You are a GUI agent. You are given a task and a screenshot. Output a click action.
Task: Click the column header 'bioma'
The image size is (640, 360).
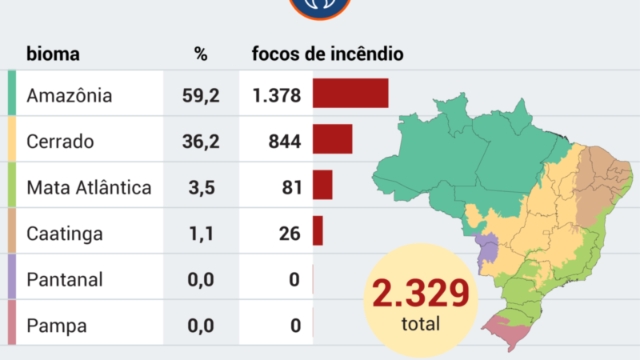pyautogui.click(x=53, y=54)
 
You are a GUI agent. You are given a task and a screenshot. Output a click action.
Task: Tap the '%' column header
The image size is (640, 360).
pyautogui.click(x=201, y=54)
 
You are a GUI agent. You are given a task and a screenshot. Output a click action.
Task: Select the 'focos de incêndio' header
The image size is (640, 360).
pyautogui.click(x=328, y=54)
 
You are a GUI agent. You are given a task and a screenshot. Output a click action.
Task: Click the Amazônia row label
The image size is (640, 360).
pyautogui.click(x=70, y=95)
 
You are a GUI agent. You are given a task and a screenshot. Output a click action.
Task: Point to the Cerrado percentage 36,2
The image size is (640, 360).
pyautogui.click(x=201, y=142)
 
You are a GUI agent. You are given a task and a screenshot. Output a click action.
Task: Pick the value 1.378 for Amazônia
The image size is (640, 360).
pyautogui.click(x=277, y=95)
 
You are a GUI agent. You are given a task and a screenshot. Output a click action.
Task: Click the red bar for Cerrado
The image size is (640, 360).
pyautogui.click(x=333, y=139)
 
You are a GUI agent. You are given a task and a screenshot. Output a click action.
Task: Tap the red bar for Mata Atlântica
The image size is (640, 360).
pyautogui.click(x=322, y=185)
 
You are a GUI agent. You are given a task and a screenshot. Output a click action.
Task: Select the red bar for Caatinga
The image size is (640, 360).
pyautogui.click(x=318, y=230)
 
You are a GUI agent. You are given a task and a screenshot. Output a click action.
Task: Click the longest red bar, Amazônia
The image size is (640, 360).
pyautogui.click(x=350, y=93)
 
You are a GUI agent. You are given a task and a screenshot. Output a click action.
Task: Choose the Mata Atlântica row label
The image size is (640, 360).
pyautogui.click(x=89, y=188)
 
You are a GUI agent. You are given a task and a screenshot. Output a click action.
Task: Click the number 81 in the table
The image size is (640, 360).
pyautogui.click(x=292, y=188)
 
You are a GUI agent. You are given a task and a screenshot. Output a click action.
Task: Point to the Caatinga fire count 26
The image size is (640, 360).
pyautogui.click(x=290, y=234)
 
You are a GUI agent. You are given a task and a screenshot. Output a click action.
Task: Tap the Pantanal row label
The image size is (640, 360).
pyautogui.click(x=65, y=280)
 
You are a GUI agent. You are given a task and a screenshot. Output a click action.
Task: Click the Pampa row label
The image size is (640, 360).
pyautogui.click(x=57, y=326)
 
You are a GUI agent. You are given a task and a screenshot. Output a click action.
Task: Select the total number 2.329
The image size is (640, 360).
pyautogui.click(x=421, y=293)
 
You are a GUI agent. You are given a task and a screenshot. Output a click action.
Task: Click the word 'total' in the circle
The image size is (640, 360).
pyautogui.click(x=421, y=324)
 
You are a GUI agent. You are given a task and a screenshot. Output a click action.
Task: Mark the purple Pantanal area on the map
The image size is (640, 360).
pyautogui.click(x=487, y=249)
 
